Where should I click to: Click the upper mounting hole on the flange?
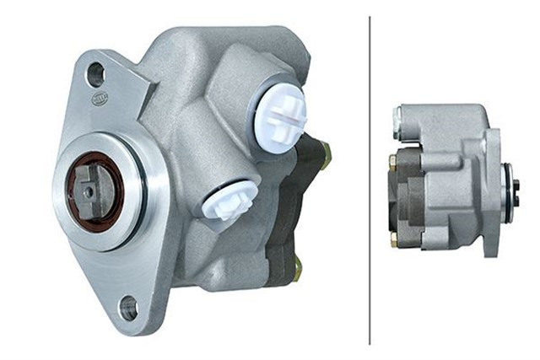coord(95,74)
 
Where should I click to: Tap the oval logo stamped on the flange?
coord(100,99)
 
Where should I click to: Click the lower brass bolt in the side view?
coord(393,240)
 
